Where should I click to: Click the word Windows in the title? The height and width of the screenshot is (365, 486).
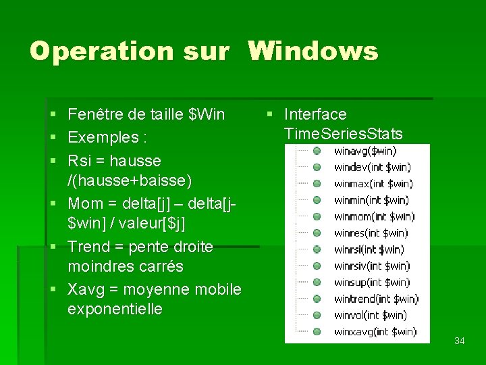click(x=313, y=51)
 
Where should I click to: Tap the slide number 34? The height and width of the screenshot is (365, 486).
click(x=460, y=341)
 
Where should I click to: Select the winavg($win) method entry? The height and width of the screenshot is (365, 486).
click(x=365, y=151)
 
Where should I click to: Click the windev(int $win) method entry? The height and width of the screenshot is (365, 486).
click(x=372, y=167)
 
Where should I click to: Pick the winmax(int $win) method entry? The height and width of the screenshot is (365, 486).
click(x=373, y=183)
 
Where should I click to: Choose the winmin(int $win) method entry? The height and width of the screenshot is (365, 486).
click(x=371, y=200)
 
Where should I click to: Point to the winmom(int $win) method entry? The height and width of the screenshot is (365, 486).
click(x=374, y=216)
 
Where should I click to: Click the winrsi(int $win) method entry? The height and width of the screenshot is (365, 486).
click(x=369, y=249)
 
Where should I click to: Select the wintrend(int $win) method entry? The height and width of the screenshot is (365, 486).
click(x=376, y=299)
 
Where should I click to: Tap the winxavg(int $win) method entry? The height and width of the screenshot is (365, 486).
click(x=375, y=331)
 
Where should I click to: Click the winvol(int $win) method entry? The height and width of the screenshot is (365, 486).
click(x=370, y=315)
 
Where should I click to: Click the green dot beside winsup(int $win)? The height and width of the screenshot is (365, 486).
click(x=316, y=283)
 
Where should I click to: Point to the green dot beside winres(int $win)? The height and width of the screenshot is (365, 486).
click(x=316, y=233)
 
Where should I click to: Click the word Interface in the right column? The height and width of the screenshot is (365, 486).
click(x=315, y=114)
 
